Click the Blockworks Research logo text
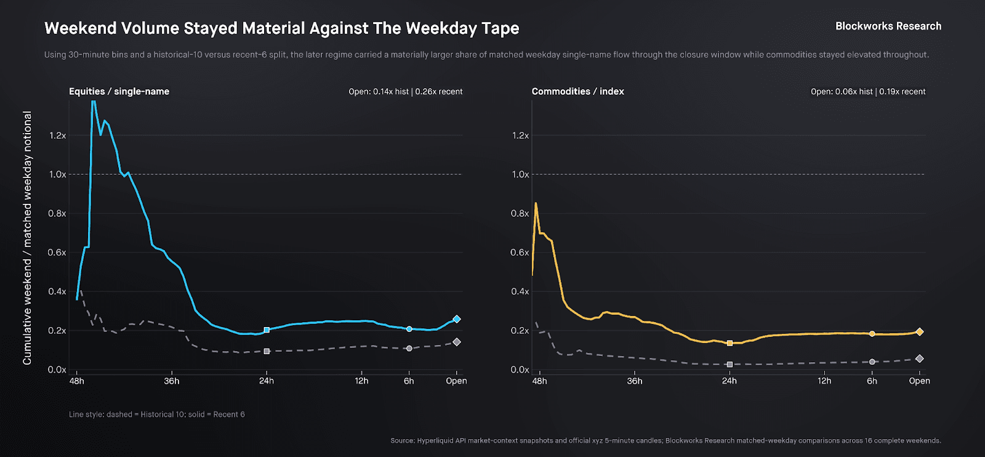(888, 26)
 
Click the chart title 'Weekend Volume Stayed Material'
(281, 28)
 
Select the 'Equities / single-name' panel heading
(119, 91)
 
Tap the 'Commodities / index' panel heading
(577, 91)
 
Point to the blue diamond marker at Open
(456, 319)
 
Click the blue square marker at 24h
(267, 330)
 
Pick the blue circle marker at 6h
(409, 329)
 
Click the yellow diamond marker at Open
(919, 331)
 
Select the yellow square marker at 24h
(730, 343)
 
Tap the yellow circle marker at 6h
(872, 334)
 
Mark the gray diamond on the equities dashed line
(456, 342)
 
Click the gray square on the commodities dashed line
(730, 365)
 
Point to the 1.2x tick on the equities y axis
(57, 135)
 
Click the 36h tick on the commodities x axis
(634, 381)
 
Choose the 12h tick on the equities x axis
(361, 381)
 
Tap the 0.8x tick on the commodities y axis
(520, 213)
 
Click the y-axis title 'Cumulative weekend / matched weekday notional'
(27, 238)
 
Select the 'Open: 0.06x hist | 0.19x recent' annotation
(867, 91)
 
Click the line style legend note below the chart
(157, 415)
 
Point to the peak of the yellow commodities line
(536, 203)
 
